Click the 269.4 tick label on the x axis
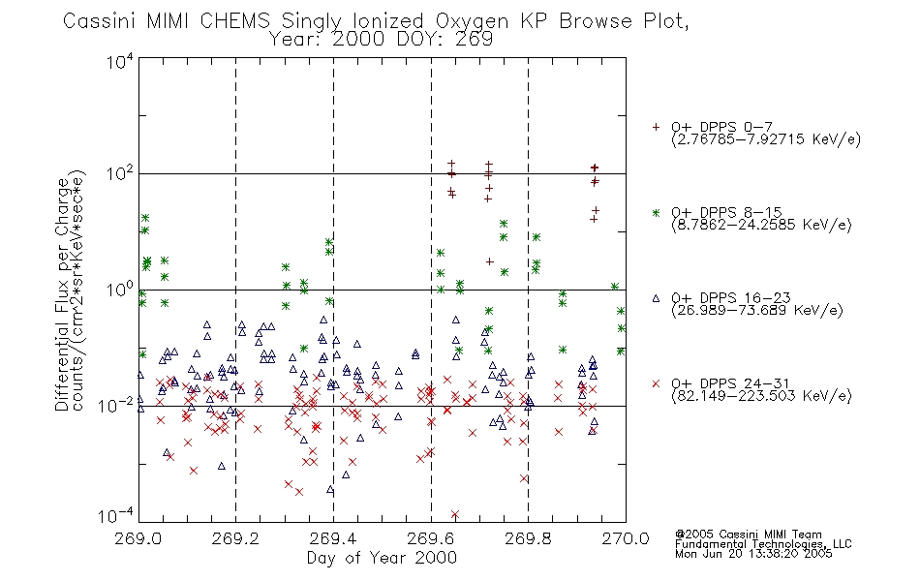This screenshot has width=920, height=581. pyautogui.click(x=333, y=538)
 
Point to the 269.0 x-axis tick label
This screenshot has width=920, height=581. pyautogui.click(x=138, y=538)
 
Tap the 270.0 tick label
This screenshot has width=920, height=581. pyautogui.click(x=626, y=538)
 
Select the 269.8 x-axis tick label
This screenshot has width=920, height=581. pyautogui.click(x=528, y=538)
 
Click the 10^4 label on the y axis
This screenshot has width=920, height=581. pyautogui.click(x=120, y=61)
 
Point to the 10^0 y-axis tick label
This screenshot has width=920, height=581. pyautogui.click(x=120, y=290)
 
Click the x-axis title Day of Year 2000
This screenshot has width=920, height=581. pyautogui.click(x=382, y=558)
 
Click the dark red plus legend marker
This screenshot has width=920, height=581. pyautogui.click(x=656, y=127)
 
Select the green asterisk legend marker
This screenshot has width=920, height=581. pyautogui.click(x=656, y=212)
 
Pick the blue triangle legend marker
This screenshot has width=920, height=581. pyautogui.click(x=656, y=298)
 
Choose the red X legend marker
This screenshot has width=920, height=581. pyautogui.click(x=656, y=383)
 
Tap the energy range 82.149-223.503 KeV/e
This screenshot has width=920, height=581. pyautogui.click(x=761, y=396)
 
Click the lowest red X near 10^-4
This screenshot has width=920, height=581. pyautogui.click(x=455, y=514)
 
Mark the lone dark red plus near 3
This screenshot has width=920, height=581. pyautogui.click(x=489, y=261)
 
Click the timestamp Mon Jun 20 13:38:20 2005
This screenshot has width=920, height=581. pyautogui.click(x=753, y=554)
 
